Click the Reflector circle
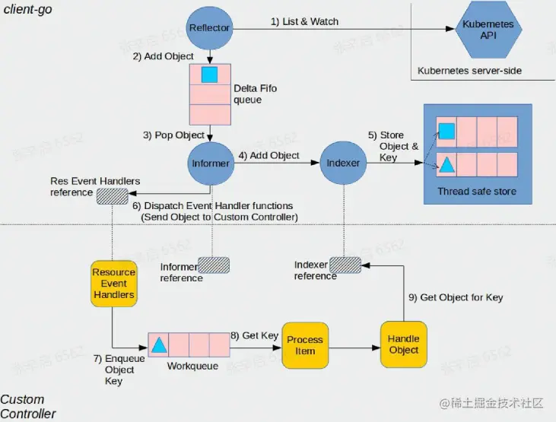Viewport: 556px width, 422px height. click(x=209, y=28)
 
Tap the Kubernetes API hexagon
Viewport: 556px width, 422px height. click(x=488, y=30)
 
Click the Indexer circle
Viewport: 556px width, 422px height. click(x=343, y=163)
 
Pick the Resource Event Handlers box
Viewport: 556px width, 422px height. click(x=113, y=284)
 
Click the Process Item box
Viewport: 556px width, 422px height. click(x=305, y=344)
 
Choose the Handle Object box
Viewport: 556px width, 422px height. click(x=403, y=344)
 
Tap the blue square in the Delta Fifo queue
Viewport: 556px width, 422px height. click(x=209, y=75)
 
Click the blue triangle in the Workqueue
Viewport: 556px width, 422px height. click(x=158, y=345)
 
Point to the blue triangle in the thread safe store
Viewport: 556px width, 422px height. click(x=447, y=165)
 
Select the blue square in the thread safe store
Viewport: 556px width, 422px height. click(x=447, y=132)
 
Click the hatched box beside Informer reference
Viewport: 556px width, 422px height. click(x=213, y=265)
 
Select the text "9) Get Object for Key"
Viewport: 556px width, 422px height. click(x=456, y=297)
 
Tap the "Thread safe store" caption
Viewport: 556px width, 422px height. click(x=476, y=191)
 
